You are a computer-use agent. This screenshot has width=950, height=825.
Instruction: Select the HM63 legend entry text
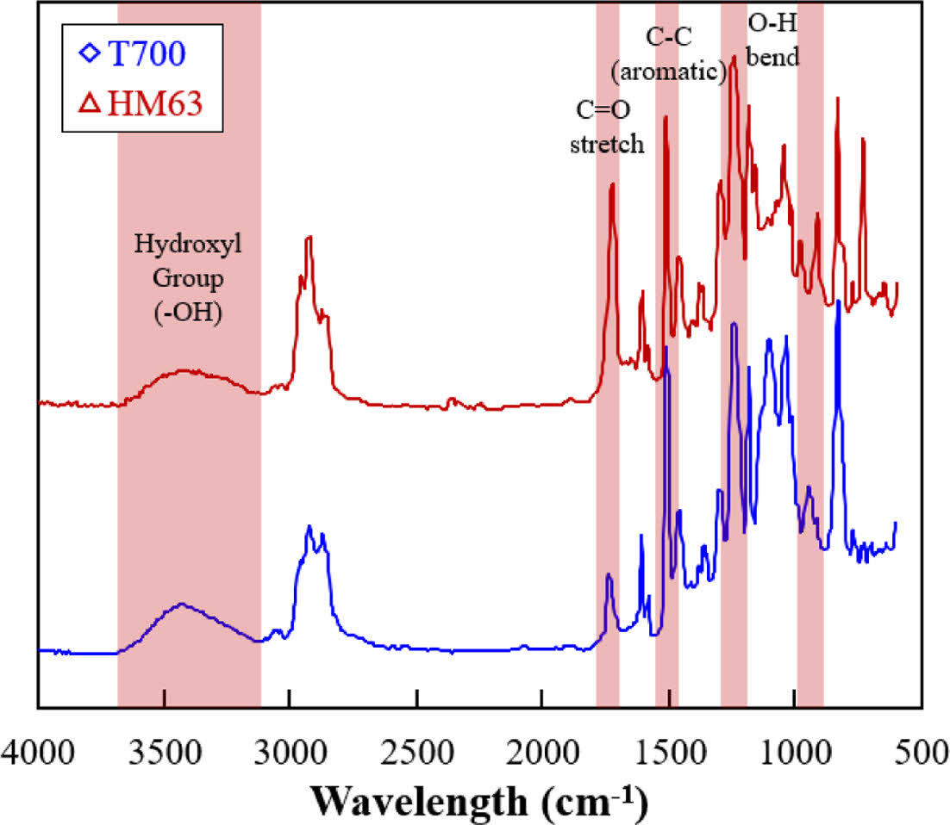pos(155,103)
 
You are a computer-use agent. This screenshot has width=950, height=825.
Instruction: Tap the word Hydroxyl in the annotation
pos(188,245)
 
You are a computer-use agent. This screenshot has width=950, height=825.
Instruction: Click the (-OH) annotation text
pos(188,313)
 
